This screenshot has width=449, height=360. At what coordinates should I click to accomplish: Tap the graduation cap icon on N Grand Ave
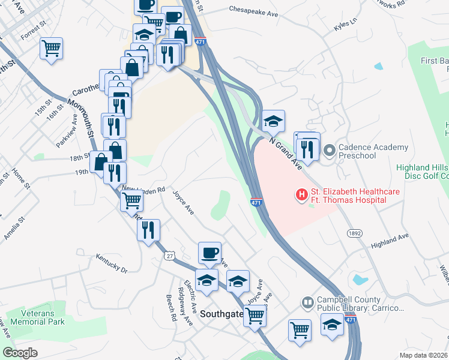click(273, 121)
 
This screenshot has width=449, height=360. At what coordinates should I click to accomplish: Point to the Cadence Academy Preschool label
click(366, 151)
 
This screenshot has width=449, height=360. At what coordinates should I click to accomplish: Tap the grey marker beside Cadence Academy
click(328, 150)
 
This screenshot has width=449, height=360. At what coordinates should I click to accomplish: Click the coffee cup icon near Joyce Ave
click(209, 253)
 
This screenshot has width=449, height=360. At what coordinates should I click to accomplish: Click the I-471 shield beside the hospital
click(256, 202)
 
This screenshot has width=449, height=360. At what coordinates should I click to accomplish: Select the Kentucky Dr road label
click(112, 263)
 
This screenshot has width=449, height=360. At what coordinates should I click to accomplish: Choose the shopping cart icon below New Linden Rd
click(131, 200)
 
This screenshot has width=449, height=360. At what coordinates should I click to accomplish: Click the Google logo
click(20, 352)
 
